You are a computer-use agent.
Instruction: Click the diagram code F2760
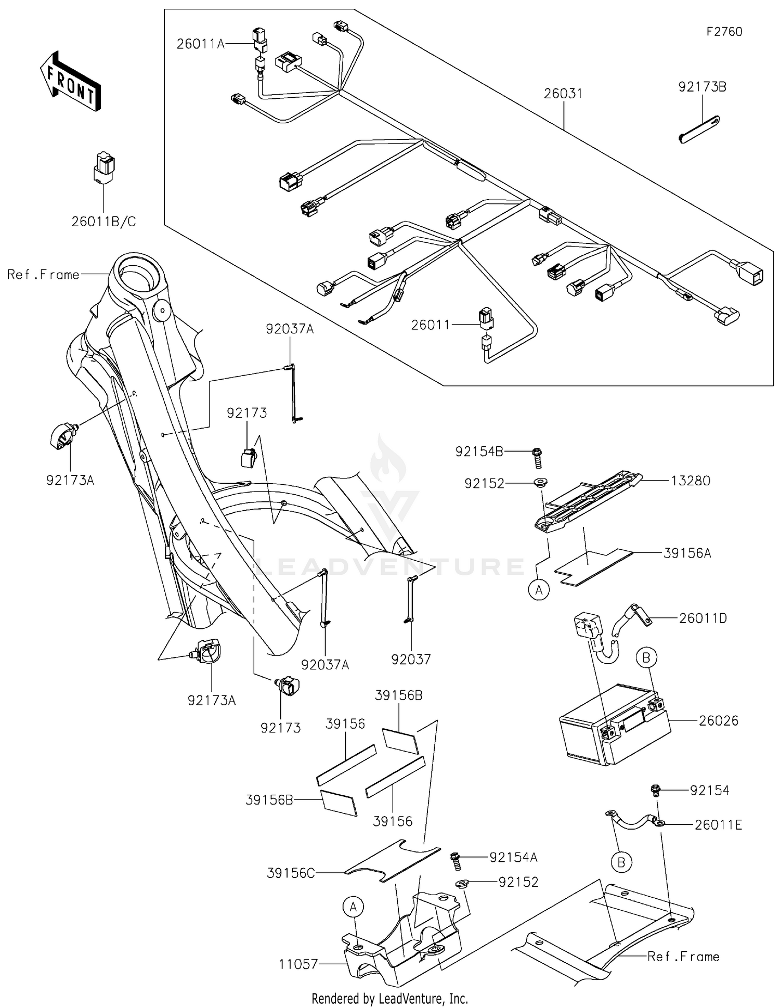pyautogui.click(x=724, y=32)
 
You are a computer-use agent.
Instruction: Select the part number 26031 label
pyautogui.click(x=563, y=94)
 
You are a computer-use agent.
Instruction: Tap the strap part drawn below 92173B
pyautogui.click(x=699, y=128)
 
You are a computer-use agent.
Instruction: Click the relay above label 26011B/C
pyautogui.click(x=104, y=167)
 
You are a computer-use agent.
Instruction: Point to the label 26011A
pyautogui.click(x=200, y=44)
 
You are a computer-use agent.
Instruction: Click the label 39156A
pyautogui.click(x=687, y=553)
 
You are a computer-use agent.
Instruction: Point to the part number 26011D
pyautogui.click(x=703, y=618)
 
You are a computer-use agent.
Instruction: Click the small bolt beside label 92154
pyautogui.click(x=656, y=791)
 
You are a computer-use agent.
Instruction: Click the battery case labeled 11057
pyautogui.click(x=400, y=952)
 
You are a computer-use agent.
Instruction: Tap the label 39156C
pyautogui.click(x=291, y=873)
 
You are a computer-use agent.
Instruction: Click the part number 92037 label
pyautogui.click(x=411, y=660)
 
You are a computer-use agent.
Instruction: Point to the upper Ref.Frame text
pyautogui.click(x=43, y=275)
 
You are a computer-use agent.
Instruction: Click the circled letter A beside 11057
pyautogui.click(x=353, y=907)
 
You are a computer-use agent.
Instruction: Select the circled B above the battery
pyautogui.click(x=646, y=658)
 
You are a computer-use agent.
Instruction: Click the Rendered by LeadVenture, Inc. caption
pyautogui.click(x=389, y=998)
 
